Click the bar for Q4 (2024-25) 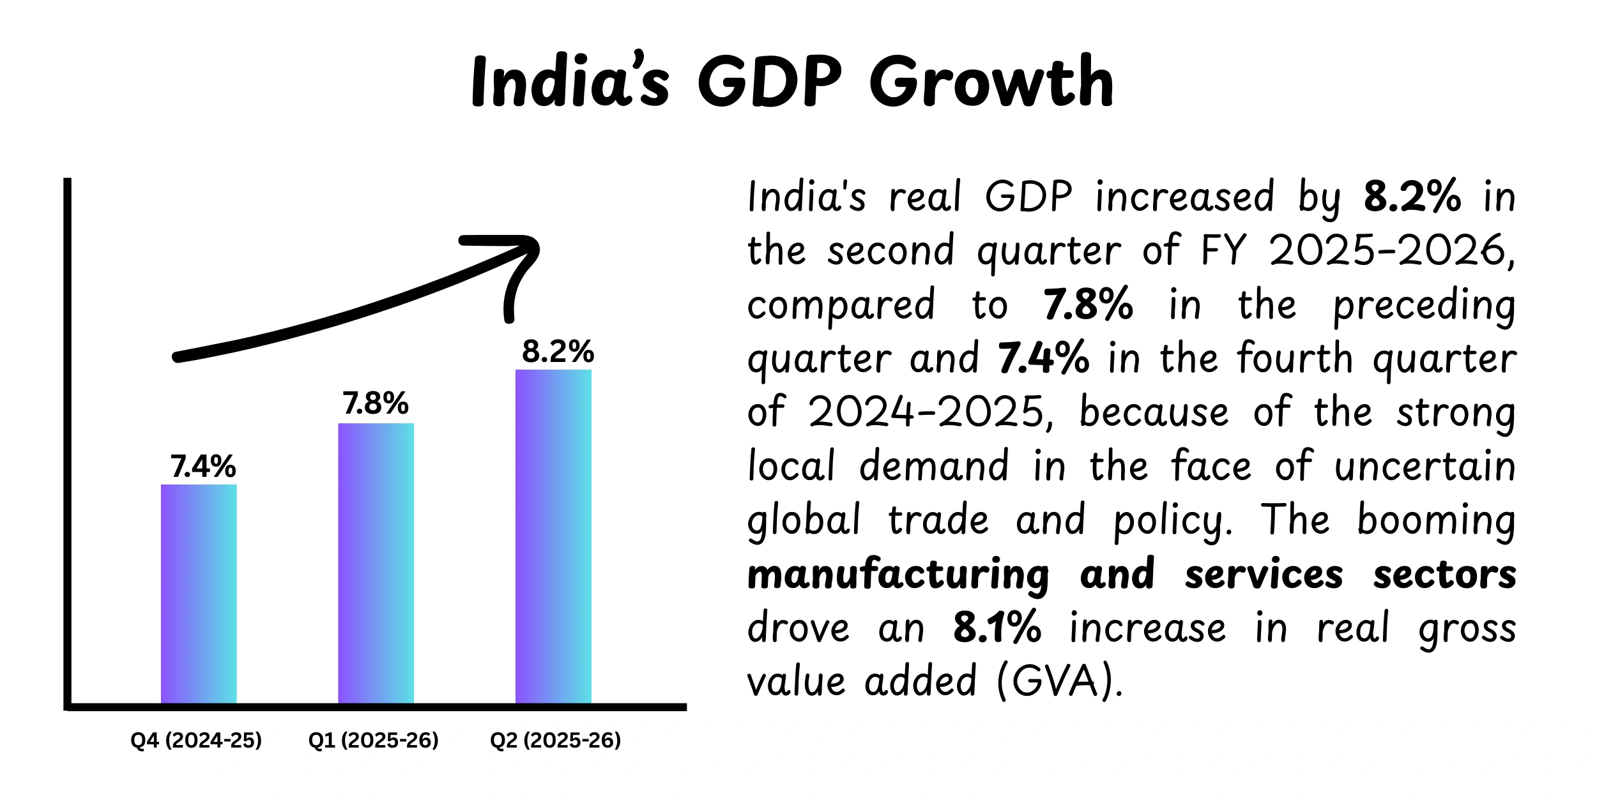point(199,594)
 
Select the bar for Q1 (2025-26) point(376,563)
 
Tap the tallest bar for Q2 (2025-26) point(553,536)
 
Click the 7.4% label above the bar point(203,467)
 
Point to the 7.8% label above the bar point(376,403)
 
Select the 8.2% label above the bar point(558,352)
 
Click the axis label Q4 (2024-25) point(196,740)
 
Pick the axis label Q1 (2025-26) point(374,740)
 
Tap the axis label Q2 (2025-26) point(555,740)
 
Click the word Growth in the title point(991,83)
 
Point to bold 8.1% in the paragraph point(997,628)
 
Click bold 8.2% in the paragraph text point(1412,196)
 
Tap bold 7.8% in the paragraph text point(1088,305)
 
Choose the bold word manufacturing point(898,575)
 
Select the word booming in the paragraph point(1436,520)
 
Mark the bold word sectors point(1444,575)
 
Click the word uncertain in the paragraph point(1425,467)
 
